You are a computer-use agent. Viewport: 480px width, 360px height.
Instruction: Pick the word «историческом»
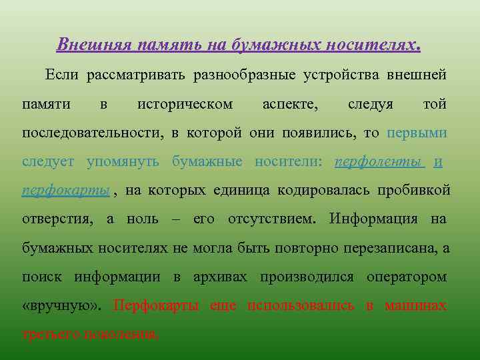tap(185, 105)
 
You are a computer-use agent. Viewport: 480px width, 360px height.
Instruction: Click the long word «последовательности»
tap(91, 133)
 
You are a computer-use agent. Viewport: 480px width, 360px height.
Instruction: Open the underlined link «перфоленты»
tap(378, 163)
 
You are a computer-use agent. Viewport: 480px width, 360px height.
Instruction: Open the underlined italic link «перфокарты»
tap(65, 191)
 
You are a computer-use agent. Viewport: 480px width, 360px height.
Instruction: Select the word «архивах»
tap(220, 277)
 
